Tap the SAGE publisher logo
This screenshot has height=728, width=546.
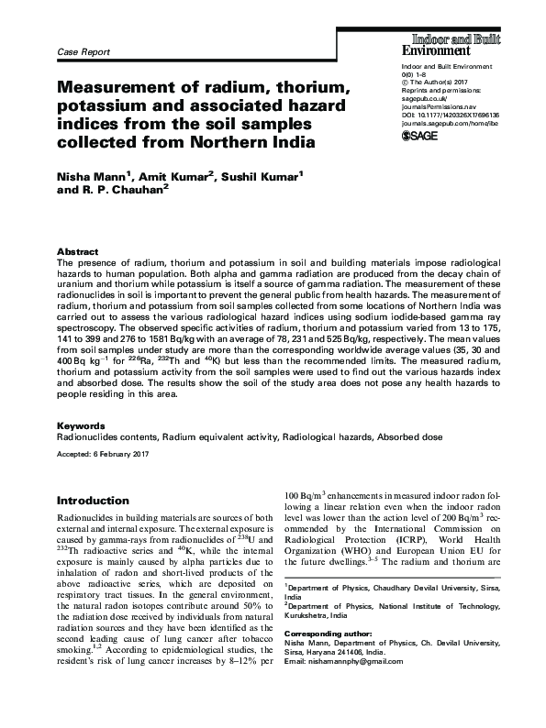pos(422,136)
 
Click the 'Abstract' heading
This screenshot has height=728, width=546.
pos(77,250)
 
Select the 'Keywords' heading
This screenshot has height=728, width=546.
pos(81,426)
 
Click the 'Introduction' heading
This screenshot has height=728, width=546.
pos(95,502)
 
